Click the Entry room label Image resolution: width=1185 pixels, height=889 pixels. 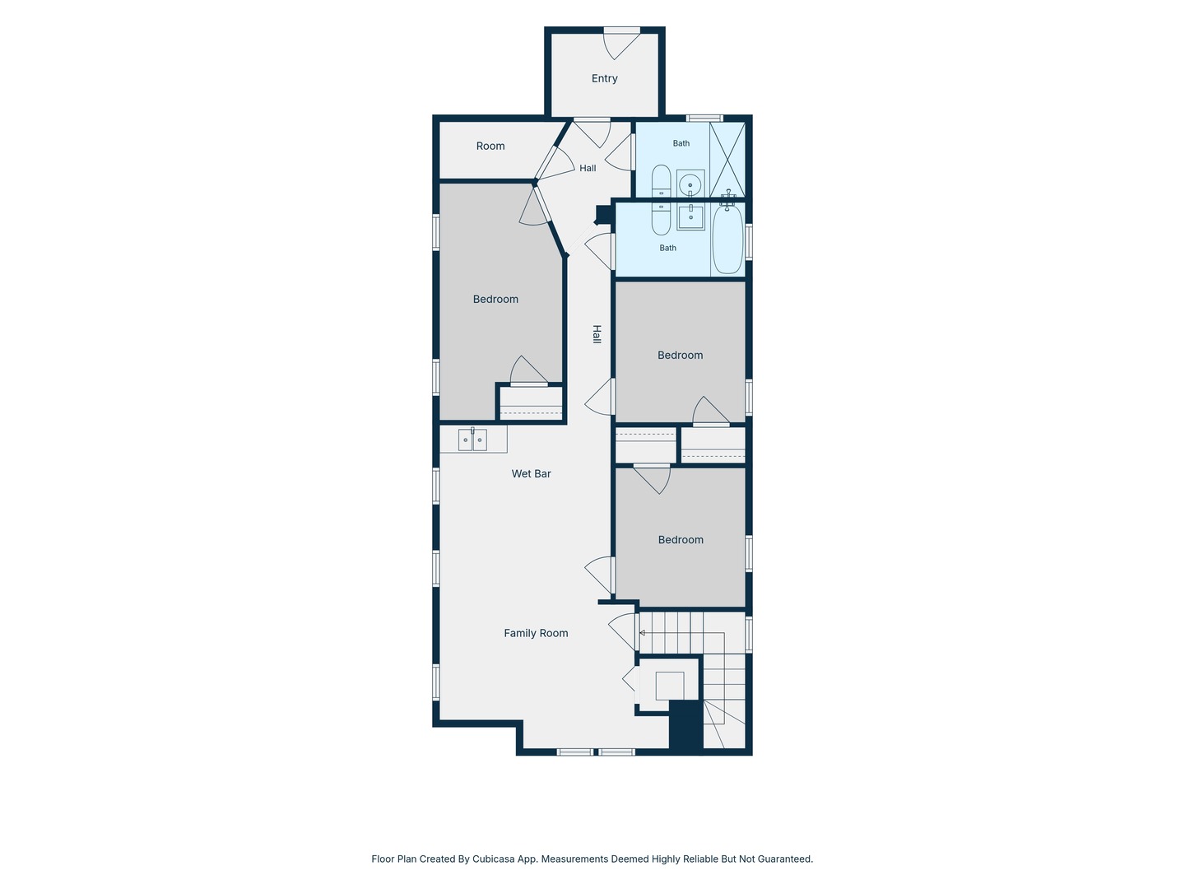tap(604, 79)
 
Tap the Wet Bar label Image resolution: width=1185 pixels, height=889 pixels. tap(532, 474)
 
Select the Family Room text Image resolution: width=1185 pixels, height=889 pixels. tap(536, 633)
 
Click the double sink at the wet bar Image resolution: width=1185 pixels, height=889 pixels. tap(472, 440)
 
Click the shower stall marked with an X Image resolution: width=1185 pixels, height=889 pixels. tap(727, 160)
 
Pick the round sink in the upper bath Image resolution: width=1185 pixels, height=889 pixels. tap(690, 184)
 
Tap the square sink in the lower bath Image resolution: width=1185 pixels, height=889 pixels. tap(690, 216)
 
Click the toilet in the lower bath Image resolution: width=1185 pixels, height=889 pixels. tap(662, 219)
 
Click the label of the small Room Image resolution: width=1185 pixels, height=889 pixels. tap(490, 147)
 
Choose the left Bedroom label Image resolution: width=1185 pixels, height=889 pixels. tap(495, 299)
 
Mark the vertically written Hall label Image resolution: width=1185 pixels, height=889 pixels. tap(597, 334)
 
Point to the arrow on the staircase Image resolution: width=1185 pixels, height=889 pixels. tap(643, 633)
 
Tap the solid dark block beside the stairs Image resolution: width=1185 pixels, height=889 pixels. tap(685, 724)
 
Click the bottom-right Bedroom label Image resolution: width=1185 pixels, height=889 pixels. tap(681, 540)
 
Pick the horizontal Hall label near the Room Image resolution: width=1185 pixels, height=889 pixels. tap(588, 169)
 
